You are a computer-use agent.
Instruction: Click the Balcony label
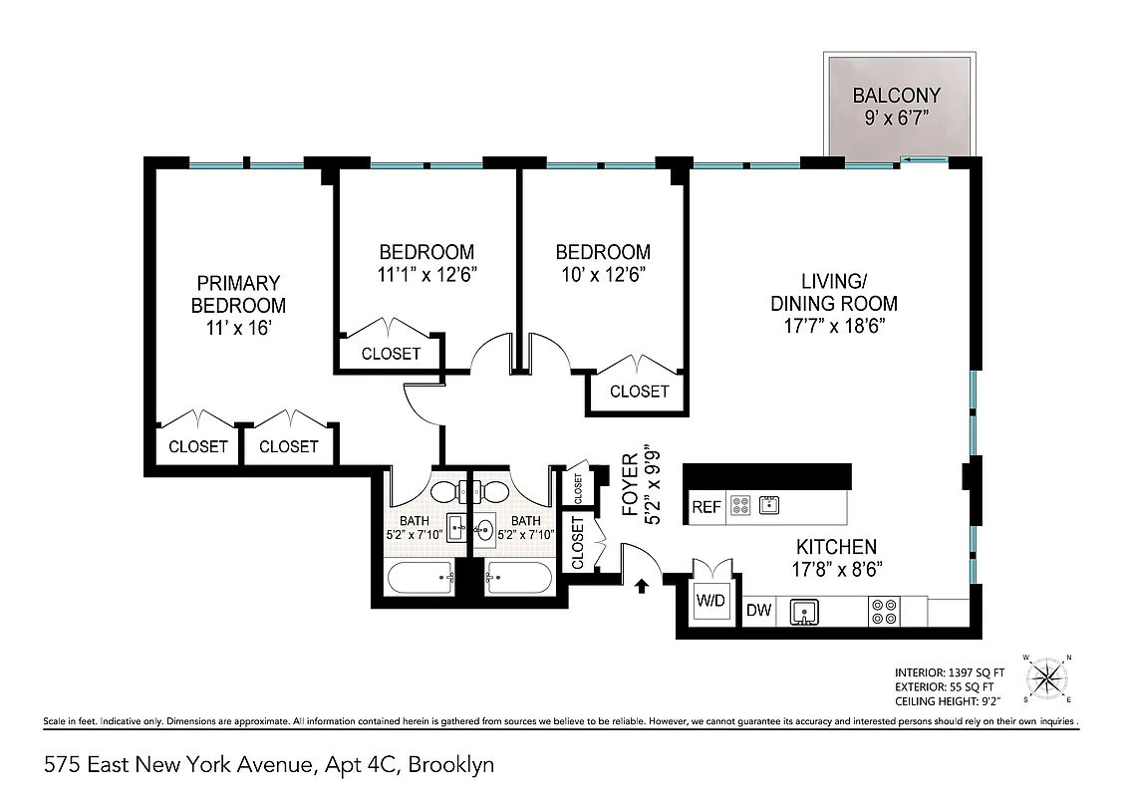point(896,97)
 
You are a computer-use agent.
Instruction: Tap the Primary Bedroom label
point(238,294)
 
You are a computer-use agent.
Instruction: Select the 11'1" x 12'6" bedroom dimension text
point(426,276)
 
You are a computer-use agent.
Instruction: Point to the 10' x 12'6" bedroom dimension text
point(603,276)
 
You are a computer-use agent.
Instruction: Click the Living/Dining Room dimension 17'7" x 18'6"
point(834,327)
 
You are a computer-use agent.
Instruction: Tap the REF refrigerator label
point(705,507)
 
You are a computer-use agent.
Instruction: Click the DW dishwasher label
point(759,611)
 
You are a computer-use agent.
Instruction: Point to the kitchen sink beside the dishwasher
point(803,611)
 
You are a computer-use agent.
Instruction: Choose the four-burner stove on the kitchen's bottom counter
point(882,611)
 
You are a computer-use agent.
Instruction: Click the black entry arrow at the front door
point(641,587)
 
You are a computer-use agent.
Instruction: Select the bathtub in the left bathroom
point(421,577)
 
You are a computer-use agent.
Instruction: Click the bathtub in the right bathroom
point(517,577)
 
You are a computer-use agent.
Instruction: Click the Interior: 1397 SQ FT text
point(949,672)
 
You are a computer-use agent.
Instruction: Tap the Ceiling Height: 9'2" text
point(949,701)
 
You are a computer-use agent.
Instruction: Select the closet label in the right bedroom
point(639,392)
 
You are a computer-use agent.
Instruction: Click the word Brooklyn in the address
point(454,765)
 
